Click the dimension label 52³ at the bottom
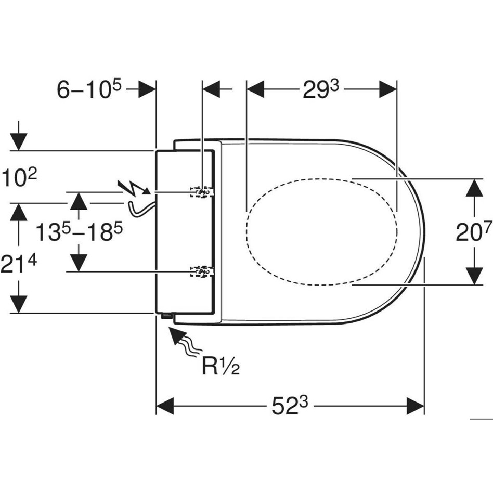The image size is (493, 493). point(290,406)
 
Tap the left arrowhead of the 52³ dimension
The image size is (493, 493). point(165,406)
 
